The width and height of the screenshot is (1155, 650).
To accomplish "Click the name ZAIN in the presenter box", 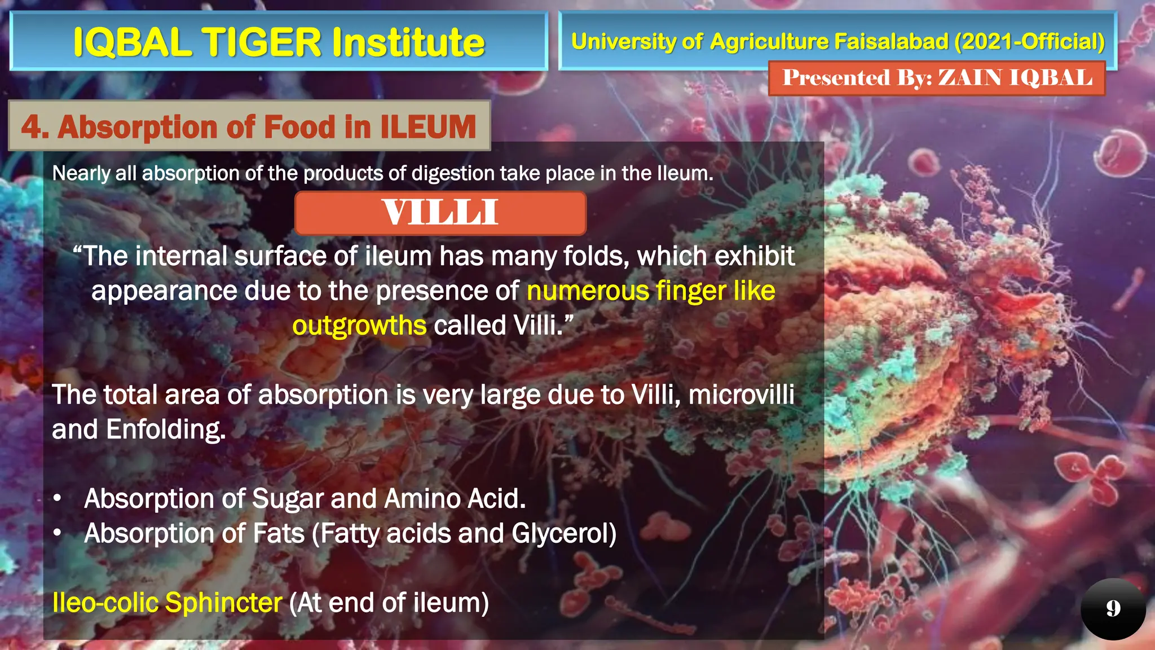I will (x=969, y=78).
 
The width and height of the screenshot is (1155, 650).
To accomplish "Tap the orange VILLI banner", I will (x=440, y=213).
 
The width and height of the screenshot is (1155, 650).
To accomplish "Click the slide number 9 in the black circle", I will (x=1113, y=608).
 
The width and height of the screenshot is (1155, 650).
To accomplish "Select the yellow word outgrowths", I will (x=359, y=326).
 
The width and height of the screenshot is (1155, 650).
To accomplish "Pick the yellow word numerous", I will (x=588, y=291).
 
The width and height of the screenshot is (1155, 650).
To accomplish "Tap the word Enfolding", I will (x=166, y=429).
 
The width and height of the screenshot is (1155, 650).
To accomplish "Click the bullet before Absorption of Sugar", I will (x=57, y=499).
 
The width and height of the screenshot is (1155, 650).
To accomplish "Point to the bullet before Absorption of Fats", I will (x=57, y=534).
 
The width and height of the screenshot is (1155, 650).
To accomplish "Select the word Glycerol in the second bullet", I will (x=564, y=534).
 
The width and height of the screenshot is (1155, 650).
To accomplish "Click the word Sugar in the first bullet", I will (x=288, y=499).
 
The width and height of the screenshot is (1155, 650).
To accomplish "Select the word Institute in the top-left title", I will (x=408, y=42).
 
